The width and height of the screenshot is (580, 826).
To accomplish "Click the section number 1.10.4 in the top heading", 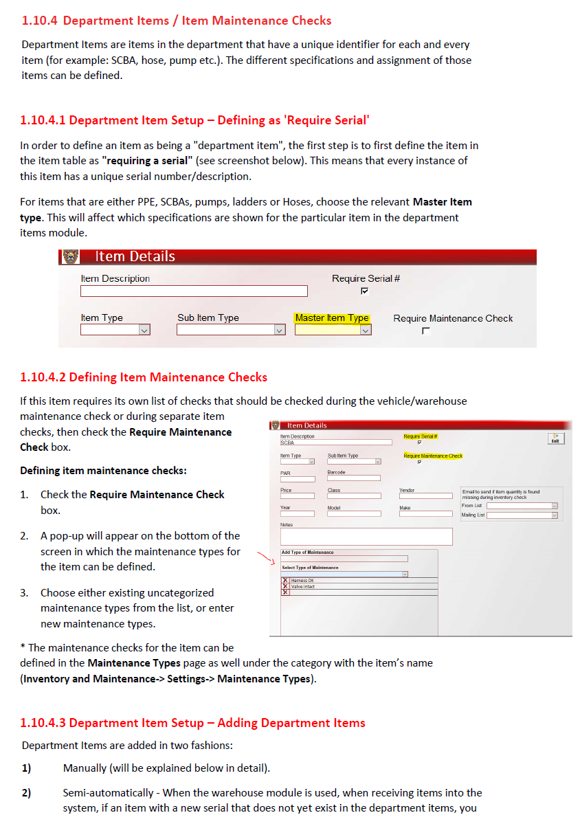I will [x=40, y=21].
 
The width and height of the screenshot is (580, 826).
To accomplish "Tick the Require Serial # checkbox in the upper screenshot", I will [x=364, y=291].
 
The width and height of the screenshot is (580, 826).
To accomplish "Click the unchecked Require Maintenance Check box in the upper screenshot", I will [x=426, y=331].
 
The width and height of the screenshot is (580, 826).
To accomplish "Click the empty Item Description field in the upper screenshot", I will [x=184, y=291].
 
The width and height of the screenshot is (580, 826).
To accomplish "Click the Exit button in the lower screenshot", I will [x=555, y=438].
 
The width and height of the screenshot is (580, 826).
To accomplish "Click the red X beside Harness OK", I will [x=285, y=581].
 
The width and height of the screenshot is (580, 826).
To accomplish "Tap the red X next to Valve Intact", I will [x=285, y=586].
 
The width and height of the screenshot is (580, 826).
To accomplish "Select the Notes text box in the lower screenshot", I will [x=366, y=536].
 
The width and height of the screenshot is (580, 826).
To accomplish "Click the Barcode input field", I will [x=353, y=478].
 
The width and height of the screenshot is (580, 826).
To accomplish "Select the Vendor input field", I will [x=425, y=495].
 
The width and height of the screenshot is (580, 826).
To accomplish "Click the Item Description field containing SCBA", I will [x=335, y=443].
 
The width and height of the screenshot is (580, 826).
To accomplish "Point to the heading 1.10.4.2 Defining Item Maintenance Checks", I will [x=144, y=377].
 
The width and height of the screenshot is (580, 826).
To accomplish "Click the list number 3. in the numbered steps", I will [x=24, y=592].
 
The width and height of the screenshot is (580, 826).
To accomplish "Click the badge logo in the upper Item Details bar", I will [x=69, y=256].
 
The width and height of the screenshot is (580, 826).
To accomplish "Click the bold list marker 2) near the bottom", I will [x=26, y=792].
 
